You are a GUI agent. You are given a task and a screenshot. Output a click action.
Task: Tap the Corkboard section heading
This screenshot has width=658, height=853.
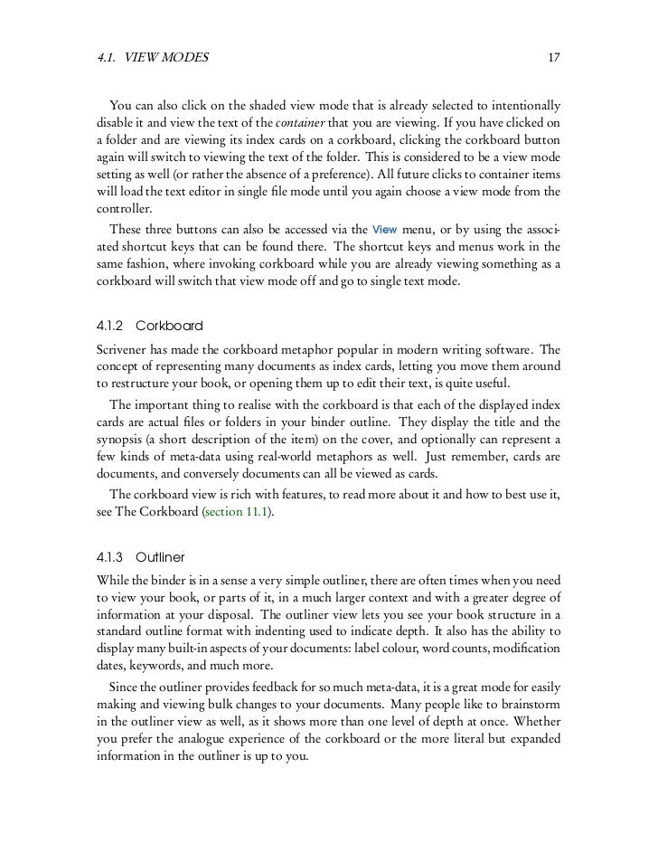pyautogui.click(x=169, y=325)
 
